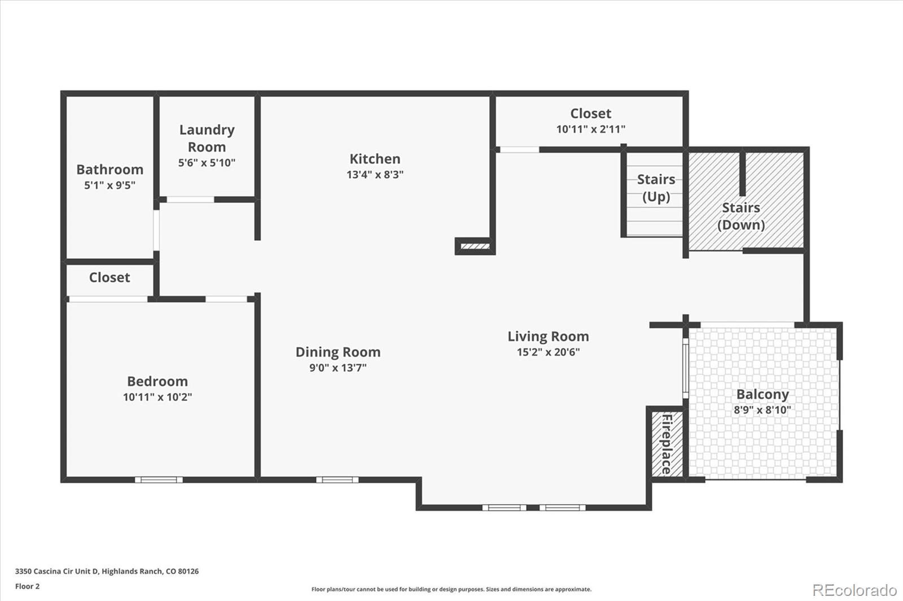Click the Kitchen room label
(x=375, y=159)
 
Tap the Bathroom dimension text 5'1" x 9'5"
(x=109, y=185)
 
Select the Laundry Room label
(x=207, y=138)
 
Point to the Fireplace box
(x=667, y=444)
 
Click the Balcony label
(x=762, y=394)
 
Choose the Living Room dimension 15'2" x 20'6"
(x=548, y=352)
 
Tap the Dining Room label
(x=338, y=352)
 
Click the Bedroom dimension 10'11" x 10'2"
(x=157, y=397)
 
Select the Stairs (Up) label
(x=656, y=188)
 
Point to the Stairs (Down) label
(x=741, y=216)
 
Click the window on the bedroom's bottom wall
(x=159, y=480)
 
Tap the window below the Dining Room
(x=337, y=480)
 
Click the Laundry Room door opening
(x=190, y=200)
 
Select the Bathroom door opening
(x=156, y=231)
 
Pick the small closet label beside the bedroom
(x=109, y=277)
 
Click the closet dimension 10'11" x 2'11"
(x=590, y=129)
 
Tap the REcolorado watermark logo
(x=854, y=590)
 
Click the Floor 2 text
(x=28, y=586)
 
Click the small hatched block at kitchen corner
(x=475, y=246)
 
